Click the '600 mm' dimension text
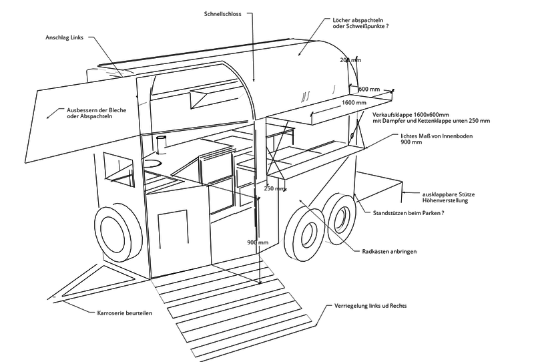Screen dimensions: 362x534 coord(368,89)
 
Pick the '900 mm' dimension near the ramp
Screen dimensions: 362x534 coord(258,242)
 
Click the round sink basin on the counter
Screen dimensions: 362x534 coord(153,163)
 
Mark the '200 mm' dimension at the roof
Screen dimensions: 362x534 coord(350,60)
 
